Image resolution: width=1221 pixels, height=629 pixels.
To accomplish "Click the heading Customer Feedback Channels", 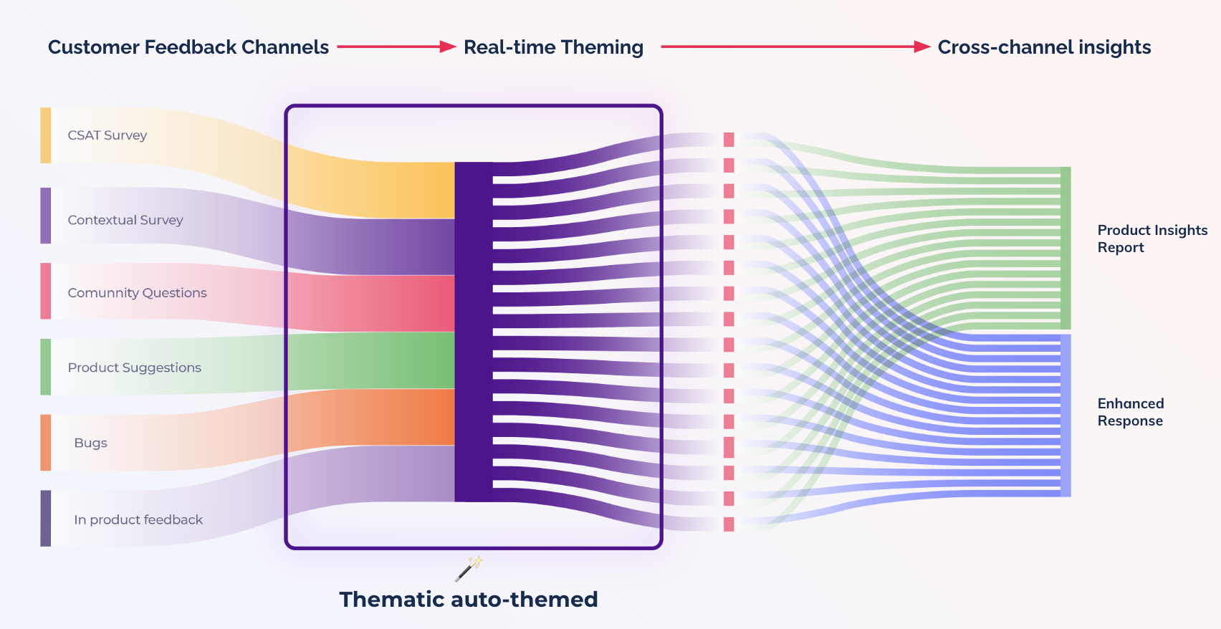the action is click(188, 47).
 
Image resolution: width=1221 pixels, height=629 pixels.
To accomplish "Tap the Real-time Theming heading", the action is click(553, 47).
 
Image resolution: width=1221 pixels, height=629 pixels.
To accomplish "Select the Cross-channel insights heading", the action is click(1044, 47).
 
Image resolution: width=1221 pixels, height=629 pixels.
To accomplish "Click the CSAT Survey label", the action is click(107, 135).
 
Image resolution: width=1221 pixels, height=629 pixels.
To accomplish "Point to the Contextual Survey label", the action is click(125, 220).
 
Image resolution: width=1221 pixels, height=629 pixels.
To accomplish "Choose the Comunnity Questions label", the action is click(138, 293).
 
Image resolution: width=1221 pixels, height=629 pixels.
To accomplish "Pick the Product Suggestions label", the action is click(135, 368).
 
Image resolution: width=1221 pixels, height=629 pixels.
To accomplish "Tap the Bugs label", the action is click(90, 443).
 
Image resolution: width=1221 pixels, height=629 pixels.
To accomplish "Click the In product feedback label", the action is click(138, 519).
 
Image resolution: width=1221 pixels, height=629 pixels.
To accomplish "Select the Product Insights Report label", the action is click(1152, 239).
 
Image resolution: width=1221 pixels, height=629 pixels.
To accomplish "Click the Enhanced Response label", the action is click(1131, 412).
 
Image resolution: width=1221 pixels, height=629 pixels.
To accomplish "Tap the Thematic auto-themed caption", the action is click(469, 600).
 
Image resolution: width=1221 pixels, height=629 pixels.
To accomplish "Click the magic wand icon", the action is click(469, 569).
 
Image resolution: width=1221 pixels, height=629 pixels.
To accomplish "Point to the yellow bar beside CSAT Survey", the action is click(46, 135).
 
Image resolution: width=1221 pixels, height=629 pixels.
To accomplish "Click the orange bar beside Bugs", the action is click(46, 443).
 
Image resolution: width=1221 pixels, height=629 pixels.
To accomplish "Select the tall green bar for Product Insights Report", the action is click(1066, 248).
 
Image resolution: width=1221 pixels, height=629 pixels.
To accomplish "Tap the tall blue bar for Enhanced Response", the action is click(1066, 416).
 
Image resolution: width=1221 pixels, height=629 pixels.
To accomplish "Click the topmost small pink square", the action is click(729, 140).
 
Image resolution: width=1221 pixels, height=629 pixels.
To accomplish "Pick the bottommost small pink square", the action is click(729, 524).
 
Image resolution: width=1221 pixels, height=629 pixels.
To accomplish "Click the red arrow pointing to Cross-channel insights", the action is click(796, 47).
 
